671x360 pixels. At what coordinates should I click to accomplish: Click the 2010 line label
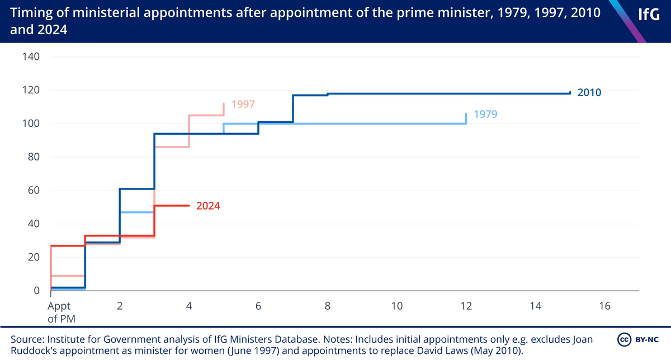[x=589, y=93]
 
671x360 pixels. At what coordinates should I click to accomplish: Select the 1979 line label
[x=485, y=114]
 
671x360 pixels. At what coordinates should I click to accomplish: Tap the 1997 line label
[x=243, y=105]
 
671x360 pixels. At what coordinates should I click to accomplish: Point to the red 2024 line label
[x=208, y=206]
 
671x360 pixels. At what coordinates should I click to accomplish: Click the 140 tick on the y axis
[x=31, y=56]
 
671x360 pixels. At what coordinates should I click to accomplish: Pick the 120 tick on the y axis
[x=31, y=90]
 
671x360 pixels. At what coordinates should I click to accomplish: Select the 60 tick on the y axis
[x=34, y=191]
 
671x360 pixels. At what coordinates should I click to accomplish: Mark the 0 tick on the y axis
[x=36, y=291]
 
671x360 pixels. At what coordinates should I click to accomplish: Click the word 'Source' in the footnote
[x=26, y=340]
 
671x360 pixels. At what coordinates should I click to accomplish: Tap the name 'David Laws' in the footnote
[x=433, y=350]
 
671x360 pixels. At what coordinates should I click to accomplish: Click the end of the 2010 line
[x=570, y=93]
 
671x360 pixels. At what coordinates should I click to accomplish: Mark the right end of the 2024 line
[x=190, y=206]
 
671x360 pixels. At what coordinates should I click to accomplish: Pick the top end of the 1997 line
[x=224, y=103]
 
